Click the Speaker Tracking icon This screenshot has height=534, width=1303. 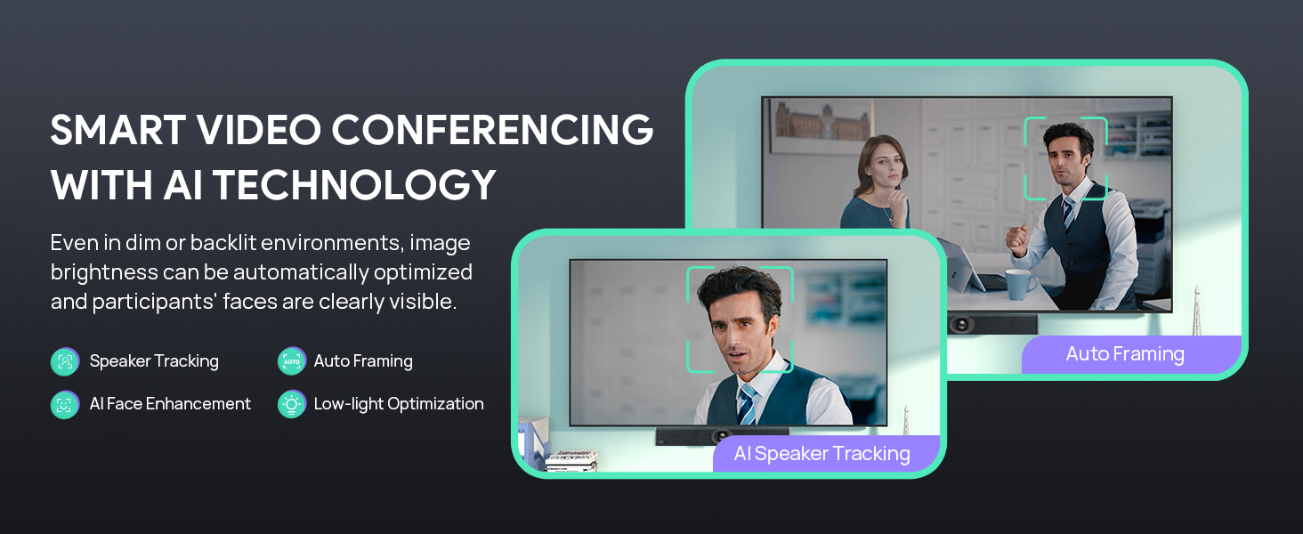point(65,361)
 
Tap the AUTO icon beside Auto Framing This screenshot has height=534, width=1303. point(291,361)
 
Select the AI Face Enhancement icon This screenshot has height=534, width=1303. point(65,404)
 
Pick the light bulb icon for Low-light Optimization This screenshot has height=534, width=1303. point(291,404)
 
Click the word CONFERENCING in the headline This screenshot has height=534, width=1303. point(493,129)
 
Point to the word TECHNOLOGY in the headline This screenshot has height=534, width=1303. point(354,185)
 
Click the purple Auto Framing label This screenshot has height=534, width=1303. point(1131,354)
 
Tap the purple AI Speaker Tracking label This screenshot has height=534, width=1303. point(825,453)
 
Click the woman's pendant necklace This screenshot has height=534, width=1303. point(888,217)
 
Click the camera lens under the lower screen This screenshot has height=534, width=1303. point(721,436)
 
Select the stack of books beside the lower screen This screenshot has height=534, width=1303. point(571,460)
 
